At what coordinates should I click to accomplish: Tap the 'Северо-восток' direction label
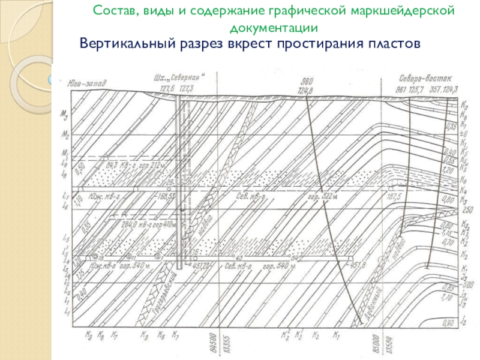tap(422, 79)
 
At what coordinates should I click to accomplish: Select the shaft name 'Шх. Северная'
tap(180, 78)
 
